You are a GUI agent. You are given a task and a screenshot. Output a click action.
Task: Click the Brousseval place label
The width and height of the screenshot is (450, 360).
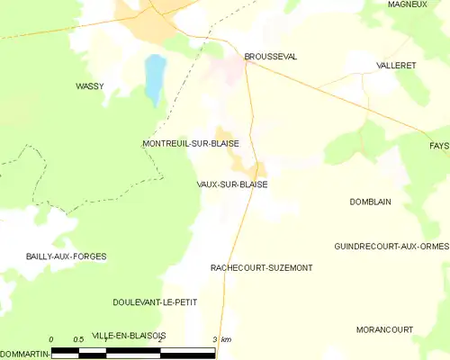click(x=271, y=57)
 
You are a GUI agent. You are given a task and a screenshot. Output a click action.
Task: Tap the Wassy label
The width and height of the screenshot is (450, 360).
click(x=89, y=86)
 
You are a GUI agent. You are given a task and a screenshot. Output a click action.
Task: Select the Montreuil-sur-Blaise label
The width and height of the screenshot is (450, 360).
click(x=190, y=144)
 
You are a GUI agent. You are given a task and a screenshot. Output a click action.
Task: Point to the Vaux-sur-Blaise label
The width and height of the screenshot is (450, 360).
click(x=231, y=184)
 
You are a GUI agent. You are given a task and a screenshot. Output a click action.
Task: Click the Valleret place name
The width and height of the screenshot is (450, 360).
click(x=396, y=67)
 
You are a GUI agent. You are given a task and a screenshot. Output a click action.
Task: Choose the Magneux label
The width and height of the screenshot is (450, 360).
click(x=407, y=4)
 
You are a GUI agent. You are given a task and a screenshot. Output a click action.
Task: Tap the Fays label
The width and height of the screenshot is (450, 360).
click(x=439, y=145)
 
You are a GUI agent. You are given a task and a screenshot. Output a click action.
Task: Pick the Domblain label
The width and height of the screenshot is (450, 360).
click(x=370, y=202)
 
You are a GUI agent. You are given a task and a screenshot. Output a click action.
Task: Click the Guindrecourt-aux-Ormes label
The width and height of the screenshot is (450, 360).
click(x=391, y=247)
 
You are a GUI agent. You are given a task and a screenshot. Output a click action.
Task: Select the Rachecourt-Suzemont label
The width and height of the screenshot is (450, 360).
click(x=261, y=268)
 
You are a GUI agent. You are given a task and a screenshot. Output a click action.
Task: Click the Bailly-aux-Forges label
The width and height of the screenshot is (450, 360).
click(x=54, y=256)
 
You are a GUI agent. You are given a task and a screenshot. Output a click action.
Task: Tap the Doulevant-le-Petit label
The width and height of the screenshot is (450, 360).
click(x=155, y=301)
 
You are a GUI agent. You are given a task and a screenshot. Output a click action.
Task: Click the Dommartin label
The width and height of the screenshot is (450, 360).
click(x=23, y=353)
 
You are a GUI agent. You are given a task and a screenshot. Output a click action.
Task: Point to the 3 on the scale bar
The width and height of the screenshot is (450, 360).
click(x=214, y=339)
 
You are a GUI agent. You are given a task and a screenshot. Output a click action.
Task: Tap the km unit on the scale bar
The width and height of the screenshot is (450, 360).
click(x=226, y=339)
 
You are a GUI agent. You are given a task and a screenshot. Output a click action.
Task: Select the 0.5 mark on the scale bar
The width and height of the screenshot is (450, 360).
click(x=79, y=339)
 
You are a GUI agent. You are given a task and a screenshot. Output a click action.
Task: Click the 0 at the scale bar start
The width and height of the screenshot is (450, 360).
click(x=51, y=339)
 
